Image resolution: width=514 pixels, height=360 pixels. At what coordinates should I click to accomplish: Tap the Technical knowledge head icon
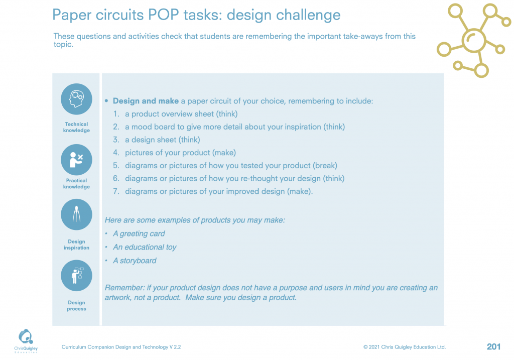tap(76, 99)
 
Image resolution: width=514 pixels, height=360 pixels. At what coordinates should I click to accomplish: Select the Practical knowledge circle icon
tap(76, 160)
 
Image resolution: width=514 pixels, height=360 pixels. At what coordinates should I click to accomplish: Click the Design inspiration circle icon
tap(76, 214)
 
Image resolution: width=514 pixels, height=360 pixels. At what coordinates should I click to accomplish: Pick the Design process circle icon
tap(76, 276)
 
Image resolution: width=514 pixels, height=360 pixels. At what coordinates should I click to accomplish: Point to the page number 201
tap(494, 346)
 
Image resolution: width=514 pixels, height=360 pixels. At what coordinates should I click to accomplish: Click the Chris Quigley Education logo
tap(26, 341)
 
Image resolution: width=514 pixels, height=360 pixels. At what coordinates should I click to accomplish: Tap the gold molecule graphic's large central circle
tap(474, 40)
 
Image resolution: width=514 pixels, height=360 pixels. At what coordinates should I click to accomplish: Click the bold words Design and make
tap(146, 101)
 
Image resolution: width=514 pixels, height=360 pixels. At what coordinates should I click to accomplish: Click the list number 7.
tap(116, 191)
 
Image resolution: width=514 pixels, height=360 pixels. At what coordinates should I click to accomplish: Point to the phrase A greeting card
tap(139, 234)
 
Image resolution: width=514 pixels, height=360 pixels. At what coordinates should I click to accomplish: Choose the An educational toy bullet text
tap(145, 247)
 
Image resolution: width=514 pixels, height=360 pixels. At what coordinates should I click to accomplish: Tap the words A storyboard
tap(135, 261)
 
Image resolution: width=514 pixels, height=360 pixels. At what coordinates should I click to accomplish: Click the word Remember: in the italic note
tap(124, 288)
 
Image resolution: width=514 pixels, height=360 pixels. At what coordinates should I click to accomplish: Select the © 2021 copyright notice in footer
tap(405, 347)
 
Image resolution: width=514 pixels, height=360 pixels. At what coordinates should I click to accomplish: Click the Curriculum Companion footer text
tap(121, 347)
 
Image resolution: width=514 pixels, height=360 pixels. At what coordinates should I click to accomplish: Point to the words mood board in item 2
tap(154, 127)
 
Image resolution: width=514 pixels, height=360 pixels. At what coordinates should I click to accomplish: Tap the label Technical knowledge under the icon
tap(76, 127)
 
